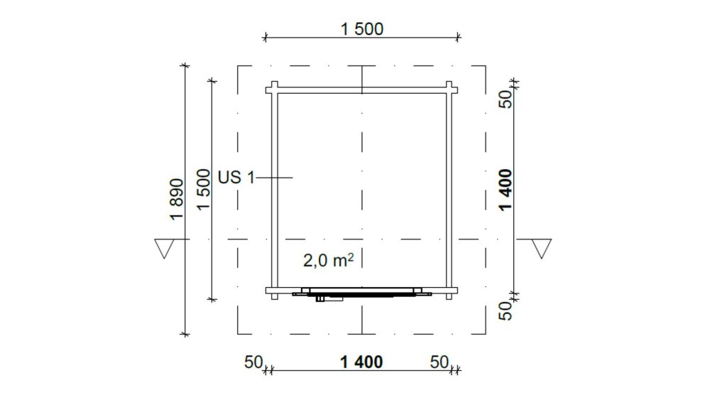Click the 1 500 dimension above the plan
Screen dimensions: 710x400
[x=362, y=29]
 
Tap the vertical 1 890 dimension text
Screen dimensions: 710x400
[x=177, y=200]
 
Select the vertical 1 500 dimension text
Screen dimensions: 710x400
[x=204, y=190]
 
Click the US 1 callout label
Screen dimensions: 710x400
[x=236, y=177]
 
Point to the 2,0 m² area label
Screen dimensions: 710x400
[x=328, y=260]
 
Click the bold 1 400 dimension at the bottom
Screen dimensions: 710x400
[x=361, y=362]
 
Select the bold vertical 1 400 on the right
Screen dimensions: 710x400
[x=506, y=190]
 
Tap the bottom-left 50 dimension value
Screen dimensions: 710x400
[x=253, y=362]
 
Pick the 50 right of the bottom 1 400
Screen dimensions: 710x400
[x=439, y=362]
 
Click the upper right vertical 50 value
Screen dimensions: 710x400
[x=506, y=99]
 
